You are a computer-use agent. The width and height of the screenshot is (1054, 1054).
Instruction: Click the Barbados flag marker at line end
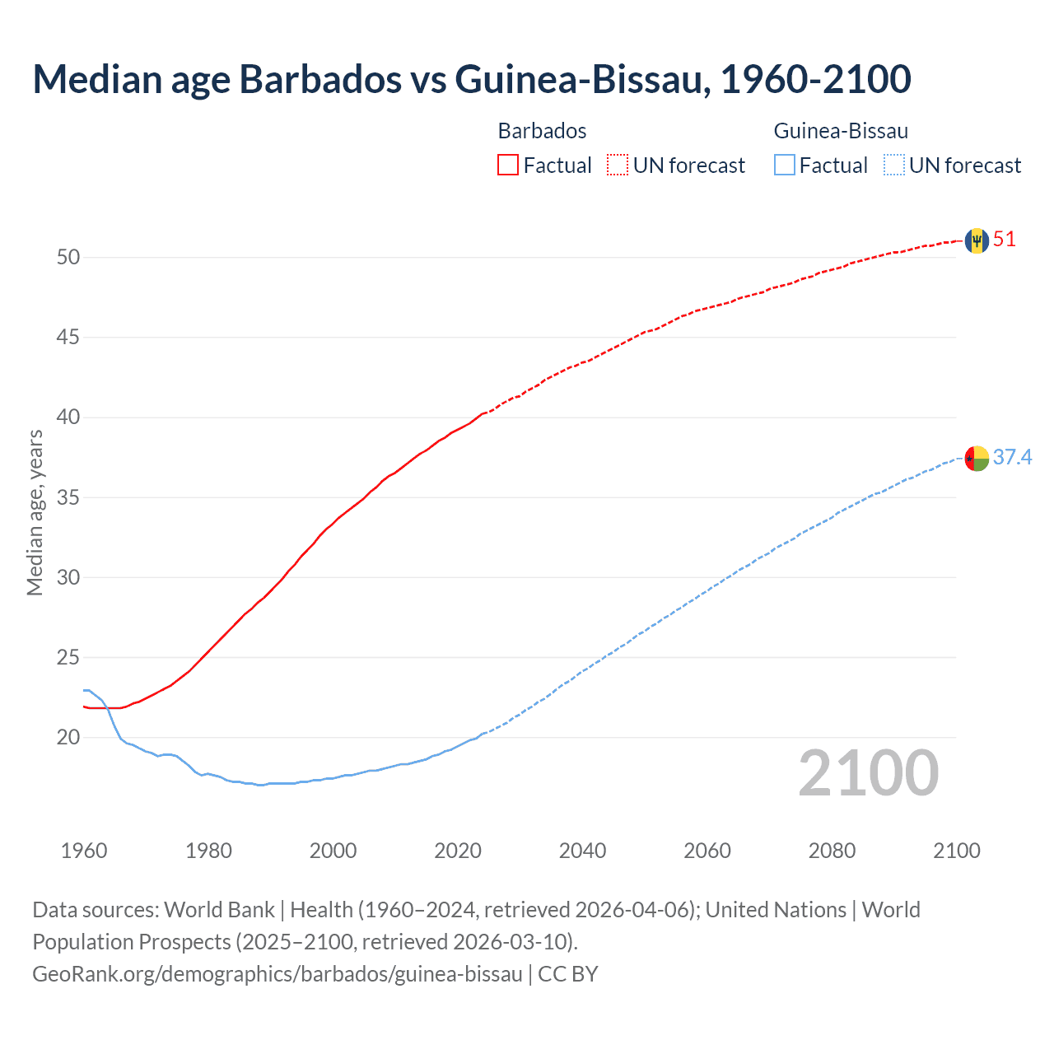977,240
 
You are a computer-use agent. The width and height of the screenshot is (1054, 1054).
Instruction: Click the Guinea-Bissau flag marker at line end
977,458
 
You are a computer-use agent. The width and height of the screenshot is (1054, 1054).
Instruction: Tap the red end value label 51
1005,240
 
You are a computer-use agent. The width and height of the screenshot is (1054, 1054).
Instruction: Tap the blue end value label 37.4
1012,457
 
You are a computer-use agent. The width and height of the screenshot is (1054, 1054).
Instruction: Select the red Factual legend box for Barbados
508,166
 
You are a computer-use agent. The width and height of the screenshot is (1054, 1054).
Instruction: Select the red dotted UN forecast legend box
618,166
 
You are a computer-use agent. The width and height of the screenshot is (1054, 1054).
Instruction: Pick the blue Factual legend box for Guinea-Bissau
785,166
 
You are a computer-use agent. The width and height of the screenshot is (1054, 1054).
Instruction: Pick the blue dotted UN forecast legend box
894,166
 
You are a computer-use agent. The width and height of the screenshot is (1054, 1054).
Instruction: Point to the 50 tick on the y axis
68,257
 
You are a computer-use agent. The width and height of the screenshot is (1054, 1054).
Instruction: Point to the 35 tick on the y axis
68,497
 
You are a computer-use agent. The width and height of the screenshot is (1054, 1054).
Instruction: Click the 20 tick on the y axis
68,738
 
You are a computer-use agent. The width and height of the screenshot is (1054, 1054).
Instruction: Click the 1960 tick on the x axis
84,851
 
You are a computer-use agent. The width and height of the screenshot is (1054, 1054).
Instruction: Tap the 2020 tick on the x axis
458,851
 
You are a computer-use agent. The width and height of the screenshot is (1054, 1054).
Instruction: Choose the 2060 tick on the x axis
707,851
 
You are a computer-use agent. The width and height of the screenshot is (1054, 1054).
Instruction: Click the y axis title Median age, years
35,512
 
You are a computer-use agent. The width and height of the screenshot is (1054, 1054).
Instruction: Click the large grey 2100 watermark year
868,772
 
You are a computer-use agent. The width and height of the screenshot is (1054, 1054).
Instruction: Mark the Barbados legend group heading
542,131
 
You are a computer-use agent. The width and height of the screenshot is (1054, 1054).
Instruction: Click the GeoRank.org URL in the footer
277,973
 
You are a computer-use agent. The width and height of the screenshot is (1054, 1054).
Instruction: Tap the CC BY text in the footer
568,973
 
